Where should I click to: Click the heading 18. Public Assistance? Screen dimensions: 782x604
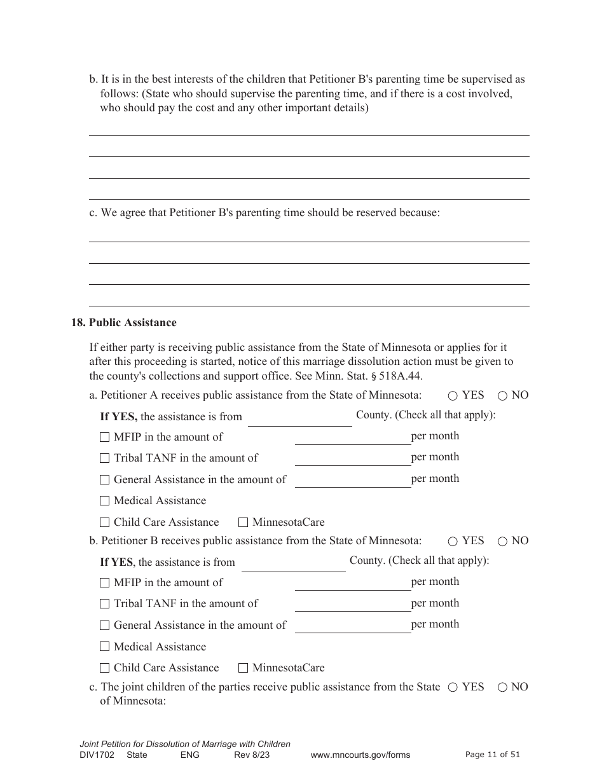click(x=124, y=322)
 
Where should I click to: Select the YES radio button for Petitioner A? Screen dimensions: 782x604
click(x=453, y=395)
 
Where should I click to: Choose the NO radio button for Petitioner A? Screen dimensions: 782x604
click(x=502, y=395)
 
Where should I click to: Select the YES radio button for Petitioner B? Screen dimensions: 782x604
click(x=453, y=542)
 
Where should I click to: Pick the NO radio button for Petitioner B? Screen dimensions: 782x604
click(x=502, y=542)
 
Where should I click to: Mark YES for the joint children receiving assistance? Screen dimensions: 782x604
click(x=453, y=687)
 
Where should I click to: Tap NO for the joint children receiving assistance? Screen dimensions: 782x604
click(x=502, y=687)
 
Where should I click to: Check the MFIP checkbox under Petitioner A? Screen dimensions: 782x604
click(x=105, y=437)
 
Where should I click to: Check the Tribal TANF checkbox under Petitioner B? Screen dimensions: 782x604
click(x=105, y=604)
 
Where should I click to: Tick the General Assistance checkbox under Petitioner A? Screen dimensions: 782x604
click(x=105, y=480)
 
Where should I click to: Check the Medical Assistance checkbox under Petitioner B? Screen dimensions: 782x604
click(x=105, y=647)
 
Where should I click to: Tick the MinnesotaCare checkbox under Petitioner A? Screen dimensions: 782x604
click(x=243, y=523)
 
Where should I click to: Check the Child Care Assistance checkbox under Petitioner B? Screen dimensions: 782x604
click(x=105, y=668)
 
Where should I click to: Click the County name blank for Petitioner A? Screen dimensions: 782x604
click(x=299, y=418)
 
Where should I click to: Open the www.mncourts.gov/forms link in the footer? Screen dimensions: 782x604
click(x=360, y=755)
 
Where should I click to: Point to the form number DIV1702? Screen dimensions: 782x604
click(x=96, y=755)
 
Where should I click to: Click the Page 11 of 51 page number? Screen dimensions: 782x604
click(x=493, y=755)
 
